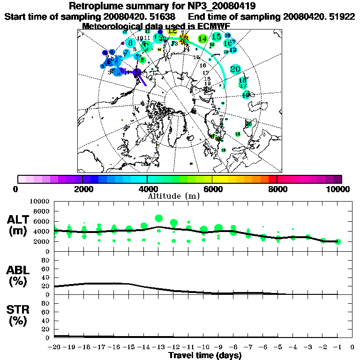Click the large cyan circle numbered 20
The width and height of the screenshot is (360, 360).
[x=235, y=69]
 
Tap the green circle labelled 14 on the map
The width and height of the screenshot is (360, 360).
[x=203, y=39]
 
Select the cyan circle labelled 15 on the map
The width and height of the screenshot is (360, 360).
[x=216, y=37]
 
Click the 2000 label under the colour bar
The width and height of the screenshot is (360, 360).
[x=82, y=189]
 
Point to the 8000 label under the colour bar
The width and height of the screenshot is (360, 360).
[x=277, y=189]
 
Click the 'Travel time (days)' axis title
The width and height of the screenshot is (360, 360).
[x=205, y=356]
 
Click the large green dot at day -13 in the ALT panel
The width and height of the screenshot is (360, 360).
[x=158, y=218]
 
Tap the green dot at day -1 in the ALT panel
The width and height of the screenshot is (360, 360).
[x=338, y=241]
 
